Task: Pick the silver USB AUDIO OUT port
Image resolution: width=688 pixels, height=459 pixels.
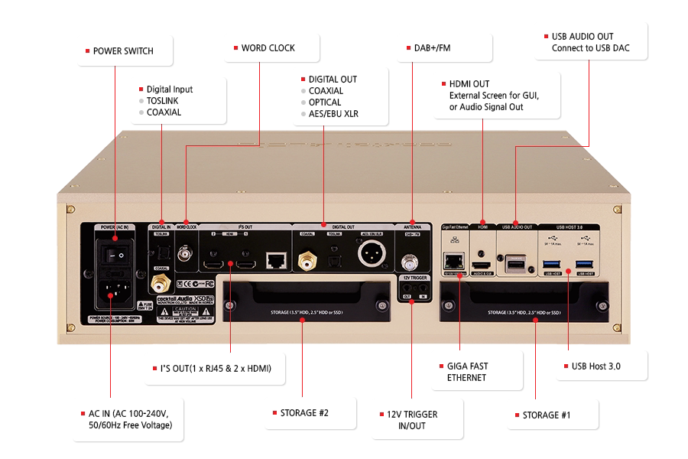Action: click(516, 264)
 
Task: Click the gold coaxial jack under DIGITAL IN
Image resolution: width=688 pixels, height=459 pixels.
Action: click(161, 283)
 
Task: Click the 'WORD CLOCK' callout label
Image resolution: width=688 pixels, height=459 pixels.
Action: click(268, 48)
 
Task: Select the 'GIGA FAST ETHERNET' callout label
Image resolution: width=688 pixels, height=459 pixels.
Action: click(467, 371)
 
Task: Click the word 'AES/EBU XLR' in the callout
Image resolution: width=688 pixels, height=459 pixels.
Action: click(333, 114)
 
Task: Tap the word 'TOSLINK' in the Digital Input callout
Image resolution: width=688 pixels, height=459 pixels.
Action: click(164, 100)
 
